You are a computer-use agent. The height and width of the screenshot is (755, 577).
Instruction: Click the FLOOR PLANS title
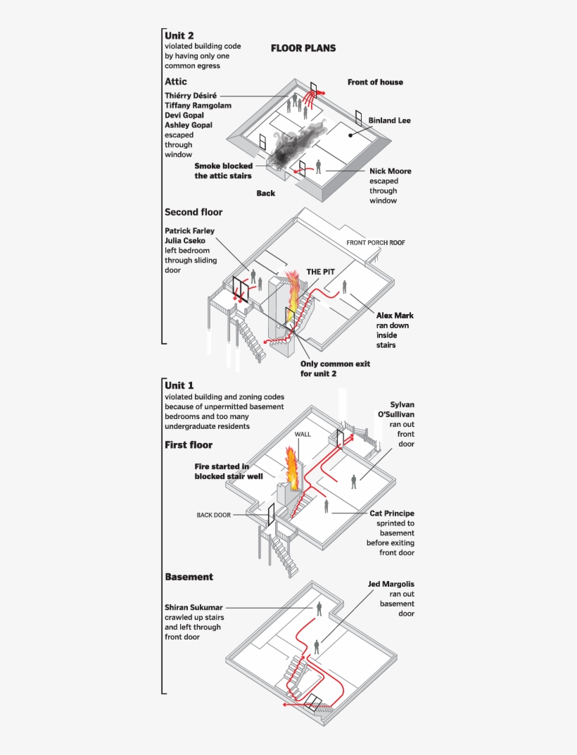click(x=303, y=49)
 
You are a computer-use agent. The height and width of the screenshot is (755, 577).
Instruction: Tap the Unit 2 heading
click(x=179, y=35)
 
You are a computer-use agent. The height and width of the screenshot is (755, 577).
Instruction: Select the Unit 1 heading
click(x=179, y=385)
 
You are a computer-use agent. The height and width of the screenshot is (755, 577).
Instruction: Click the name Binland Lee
click(x=389, y=120)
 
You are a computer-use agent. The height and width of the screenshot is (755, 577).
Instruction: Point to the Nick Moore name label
click(x=390, y=171)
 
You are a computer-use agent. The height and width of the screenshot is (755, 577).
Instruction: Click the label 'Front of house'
click(x=375, y=82)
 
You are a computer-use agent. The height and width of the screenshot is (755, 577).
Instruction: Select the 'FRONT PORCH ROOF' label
click(x=376, y=243)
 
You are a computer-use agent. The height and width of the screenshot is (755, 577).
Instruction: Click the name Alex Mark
click(x=395, y=316)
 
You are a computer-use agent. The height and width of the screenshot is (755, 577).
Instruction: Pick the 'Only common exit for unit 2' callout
click(x=335, y=368)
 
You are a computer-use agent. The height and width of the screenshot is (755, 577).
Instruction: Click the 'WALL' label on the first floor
click(x=303, y=435)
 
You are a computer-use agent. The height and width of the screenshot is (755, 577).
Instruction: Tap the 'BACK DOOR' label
click(x=213, y=515)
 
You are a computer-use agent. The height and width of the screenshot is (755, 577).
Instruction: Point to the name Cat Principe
click(x=392, y=513)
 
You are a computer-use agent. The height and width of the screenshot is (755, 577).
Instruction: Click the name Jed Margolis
click(x=391, y=584)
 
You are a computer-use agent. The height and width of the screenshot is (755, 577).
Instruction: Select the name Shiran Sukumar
click(x=194, y=607)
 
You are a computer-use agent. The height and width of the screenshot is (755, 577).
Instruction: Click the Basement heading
click(x=189, y=577)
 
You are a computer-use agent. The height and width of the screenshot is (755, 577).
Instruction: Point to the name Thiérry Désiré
click(x=191, y=95)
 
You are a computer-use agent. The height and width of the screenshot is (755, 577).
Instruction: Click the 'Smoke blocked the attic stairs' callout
click(x=223, y=171)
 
